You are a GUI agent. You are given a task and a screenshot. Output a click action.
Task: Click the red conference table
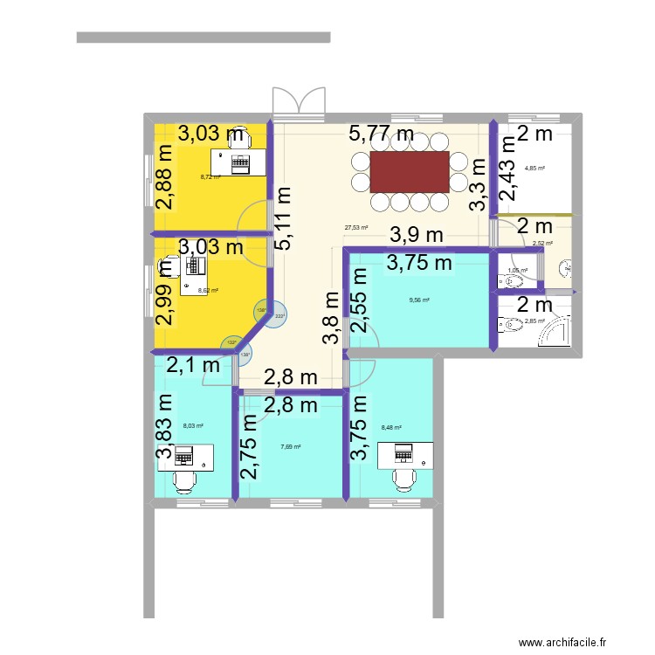tap(410, 172)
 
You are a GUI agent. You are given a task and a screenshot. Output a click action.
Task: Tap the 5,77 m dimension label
tap(381, 134)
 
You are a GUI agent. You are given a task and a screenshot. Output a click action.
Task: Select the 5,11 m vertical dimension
tap(284, 219)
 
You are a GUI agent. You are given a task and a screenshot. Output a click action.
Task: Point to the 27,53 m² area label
tap(355, 228)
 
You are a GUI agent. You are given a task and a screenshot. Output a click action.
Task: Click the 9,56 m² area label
tap(420, 300)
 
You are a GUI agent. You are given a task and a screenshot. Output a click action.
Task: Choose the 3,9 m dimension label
tap(417, 235)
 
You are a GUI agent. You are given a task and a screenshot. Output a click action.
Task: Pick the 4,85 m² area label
tap(534, 168)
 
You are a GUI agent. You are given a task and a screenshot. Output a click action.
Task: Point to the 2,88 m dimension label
tap(164, 178)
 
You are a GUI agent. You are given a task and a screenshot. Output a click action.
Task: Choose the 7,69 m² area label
tap(291, 447)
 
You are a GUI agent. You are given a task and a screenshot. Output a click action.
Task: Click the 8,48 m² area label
tap(391, 428)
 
